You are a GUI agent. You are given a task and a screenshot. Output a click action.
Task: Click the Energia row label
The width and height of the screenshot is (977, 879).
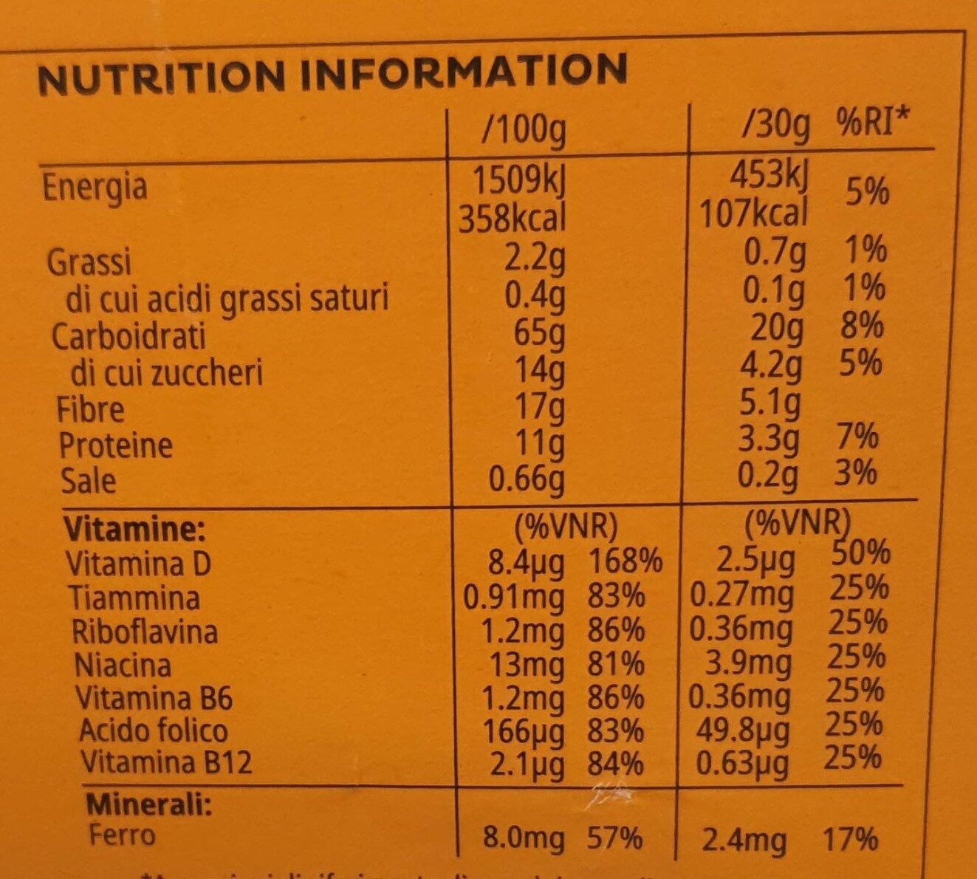(x=95, y=187)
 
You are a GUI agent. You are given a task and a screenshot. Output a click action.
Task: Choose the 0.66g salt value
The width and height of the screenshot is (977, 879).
(x=527, y=479)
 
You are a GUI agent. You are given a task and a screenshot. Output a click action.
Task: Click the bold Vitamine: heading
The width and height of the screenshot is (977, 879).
(x=133, y=529)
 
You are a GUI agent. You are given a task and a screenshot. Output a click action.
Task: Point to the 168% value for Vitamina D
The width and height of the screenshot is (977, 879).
(x=625, y=563)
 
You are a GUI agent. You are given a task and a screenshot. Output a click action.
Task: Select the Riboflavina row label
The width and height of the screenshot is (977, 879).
(x=144, y=632)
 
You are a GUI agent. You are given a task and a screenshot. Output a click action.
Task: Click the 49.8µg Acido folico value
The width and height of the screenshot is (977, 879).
(x=743, y=730)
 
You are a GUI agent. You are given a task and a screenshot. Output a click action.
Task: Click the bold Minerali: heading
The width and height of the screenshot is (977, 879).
(x=148, y=803)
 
